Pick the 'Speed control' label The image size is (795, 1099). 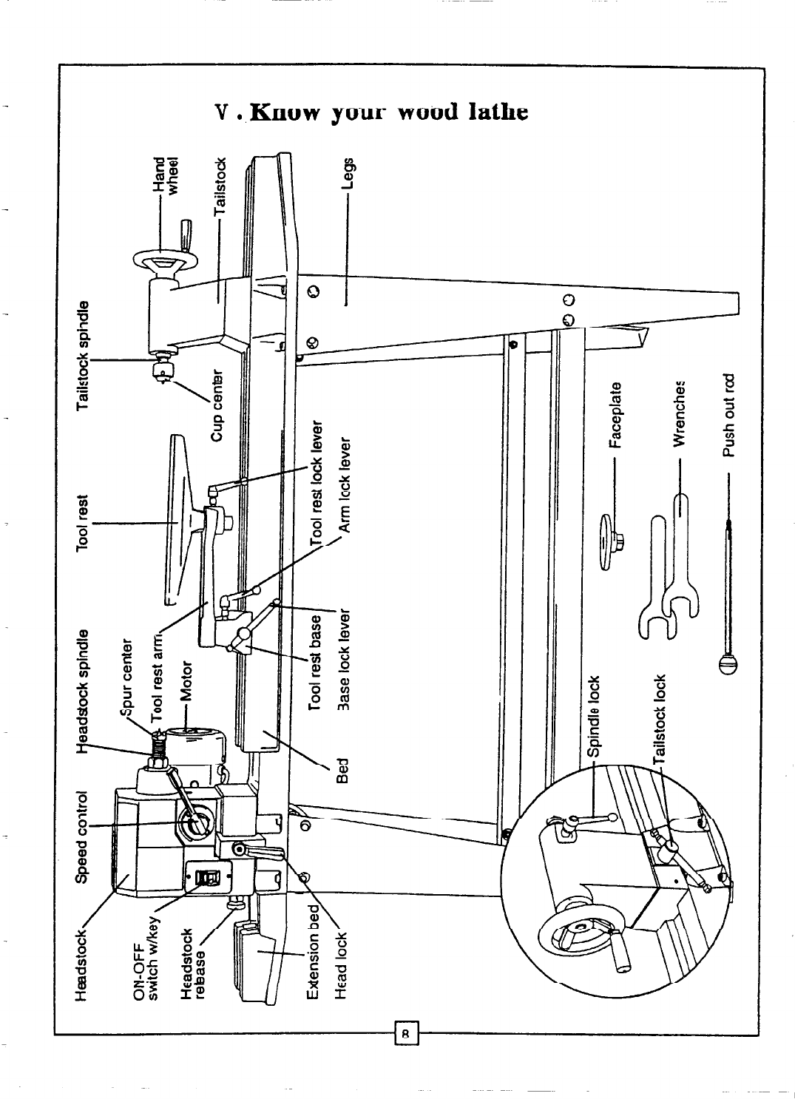(x=84, y=836)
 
